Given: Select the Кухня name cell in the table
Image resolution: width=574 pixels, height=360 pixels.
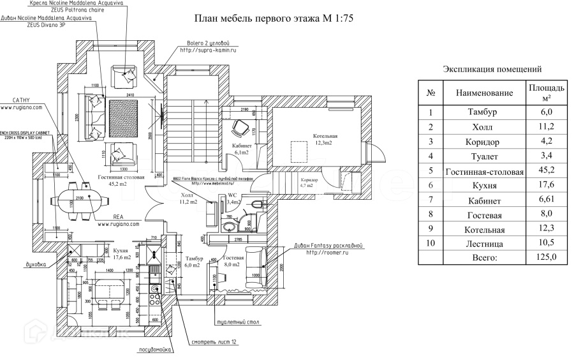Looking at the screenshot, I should tap(484, 186).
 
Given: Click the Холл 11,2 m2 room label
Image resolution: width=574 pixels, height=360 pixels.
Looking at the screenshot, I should tap(189, 199).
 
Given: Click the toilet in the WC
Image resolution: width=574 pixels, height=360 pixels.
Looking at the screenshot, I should tap(256, 205).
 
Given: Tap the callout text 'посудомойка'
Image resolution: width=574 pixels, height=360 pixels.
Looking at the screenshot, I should tap(153, 350).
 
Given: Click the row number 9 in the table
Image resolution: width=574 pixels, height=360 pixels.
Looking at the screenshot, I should tap(431, 229).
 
